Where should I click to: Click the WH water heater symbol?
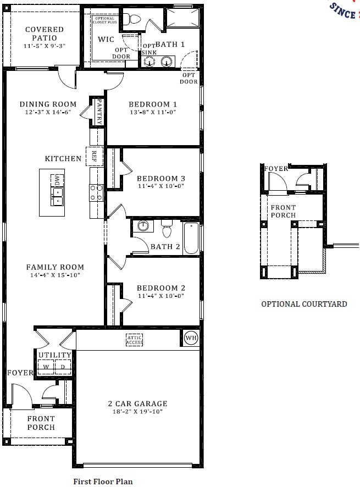click(191, 337)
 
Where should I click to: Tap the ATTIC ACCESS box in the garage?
click(135, 340)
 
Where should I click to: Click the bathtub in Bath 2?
click(191, 237)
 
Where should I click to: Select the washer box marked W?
click(46, 367)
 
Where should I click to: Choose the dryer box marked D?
click(63, 367)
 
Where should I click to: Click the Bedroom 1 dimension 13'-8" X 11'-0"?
click(153, 113)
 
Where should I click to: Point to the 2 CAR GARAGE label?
click(135, 403)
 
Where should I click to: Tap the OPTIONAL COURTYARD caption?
click(304, 304)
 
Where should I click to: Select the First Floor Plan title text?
click(103, 481)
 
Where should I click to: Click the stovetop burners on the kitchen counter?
click(96, 192)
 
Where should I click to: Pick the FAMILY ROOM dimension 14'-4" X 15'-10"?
click(55, 275)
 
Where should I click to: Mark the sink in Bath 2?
click(143, 226)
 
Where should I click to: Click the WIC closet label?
click(106, 40)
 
